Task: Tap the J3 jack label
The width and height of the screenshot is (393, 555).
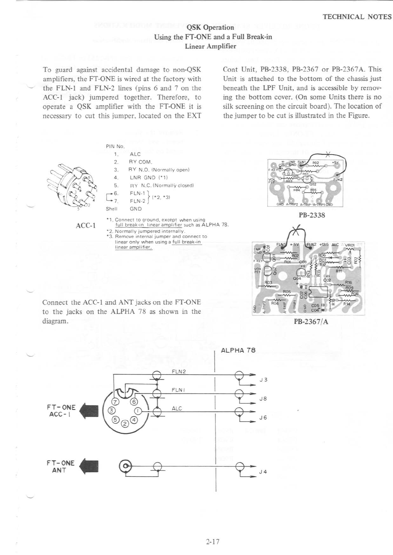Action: pyautogui.click(x=263, y=380)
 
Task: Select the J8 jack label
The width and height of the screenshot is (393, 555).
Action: pyautogui.click(x=263, y=398)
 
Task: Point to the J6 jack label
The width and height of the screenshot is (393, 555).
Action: pyautogui.click(x=263, y=417)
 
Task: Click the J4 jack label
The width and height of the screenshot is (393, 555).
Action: pyautogui.click(x=263, y=472)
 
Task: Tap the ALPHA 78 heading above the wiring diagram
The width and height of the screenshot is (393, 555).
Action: pyautogui.click(x=238, y=350)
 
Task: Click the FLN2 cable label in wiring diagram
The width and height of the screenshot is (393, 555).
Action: pyautogui.click(x=179, y=372)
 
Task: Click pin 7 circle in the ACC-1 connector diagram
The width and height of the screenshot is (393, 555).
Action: pyautogui.click(x=115, y=402)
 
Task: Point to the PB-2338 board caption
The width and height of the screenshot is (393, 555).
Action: pyautogui.click(x=312, y=215)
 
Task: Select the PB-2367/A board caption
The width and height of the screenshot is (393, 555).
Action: pyautogui.click(x=311, y=322)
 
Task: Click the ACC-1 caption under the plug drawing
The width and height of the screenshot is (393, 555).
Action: pyautogui.click(x=86, y=226)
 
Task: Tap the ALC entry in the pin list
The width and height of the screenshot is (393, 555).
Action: pyautogui.click(x=135, y=154)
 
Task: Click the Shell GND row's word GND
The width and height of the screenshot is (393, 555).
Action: pyautogui.click(x=136, y=209)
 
